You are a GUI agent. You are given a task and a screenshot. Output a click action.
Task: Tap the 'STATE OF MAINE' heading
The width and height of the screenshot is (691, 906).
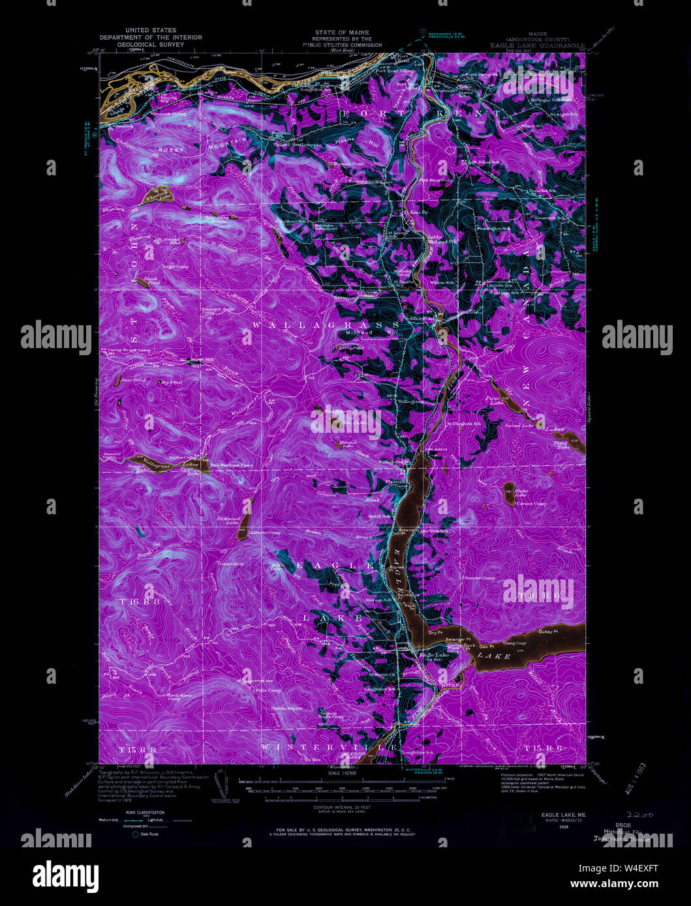[x=341, y=32]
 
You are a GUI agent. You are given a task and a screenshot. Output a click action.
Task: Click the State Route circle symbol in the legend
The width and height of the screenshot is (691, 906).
[x=136, y=834]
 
